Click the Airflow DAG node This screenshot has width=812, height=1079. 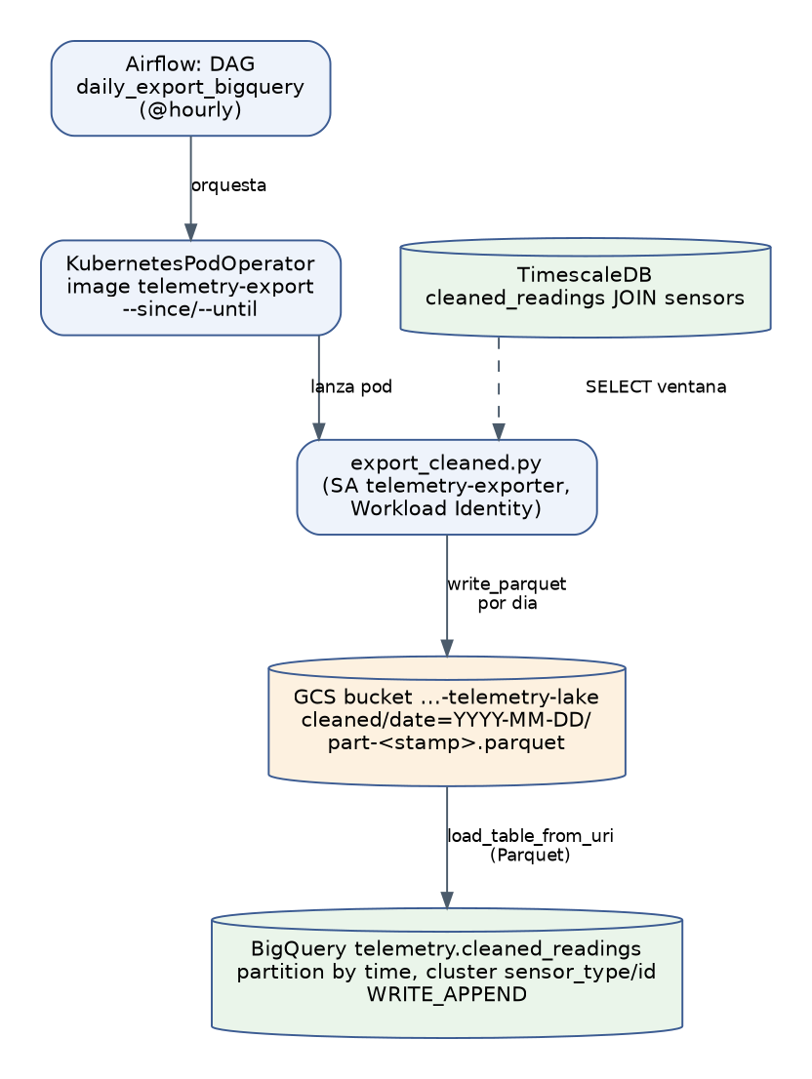[x=190, y=88]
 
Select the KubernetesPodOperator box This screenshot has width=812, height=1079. [x=190, y=288]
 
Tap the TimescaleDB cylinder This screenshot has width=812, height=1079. [x=586, y=288]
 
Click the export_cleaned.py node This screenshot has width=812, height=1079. [x=447, y=487]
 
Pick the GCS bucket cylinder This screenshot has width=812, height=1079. [x=447, y=721]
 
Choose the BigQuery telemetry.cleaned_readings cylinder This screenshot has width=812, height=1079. [x=447, y=973]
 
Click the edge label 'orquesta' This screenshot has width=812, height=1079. [x=228, y=185]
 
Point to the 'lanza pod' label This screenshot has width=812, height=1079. [x=351, y=386]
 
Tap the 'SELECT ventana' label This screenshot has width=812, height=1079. [x=656, y=386]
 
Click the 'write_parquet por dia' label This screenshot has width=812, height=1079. [x=507, y=593]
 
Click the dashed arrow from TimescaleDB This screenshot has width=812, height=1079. [x=499, y=389]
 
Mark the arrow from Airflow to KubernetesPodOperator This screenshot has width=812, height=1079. [x=191, y=188]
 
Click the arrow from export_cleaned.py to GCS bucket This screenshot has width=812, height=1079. [x=447, y=596]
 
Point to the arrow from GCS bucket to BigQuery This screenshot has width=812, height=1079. [x=447, y=848]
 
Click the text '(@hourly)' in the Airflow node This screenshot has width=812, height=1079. [x=190, y=110]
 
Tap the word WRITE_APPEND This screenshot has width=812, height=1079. [x=447, y=995]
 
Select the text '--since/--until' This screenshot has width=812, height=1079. [x=190, y=309]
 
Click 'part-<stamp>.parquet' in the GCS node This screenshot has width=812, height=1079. [x=447, y=743]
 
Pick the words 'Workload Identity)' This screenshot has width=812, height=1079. [x=447, y=509]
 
